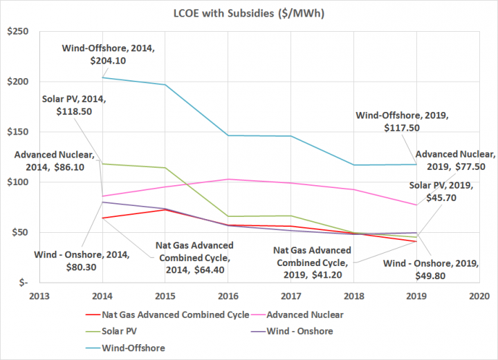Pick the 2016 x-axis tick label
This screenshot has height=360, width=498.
(228, 294)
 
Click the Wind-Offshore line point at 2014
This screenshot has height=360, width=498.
(103, 77)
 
